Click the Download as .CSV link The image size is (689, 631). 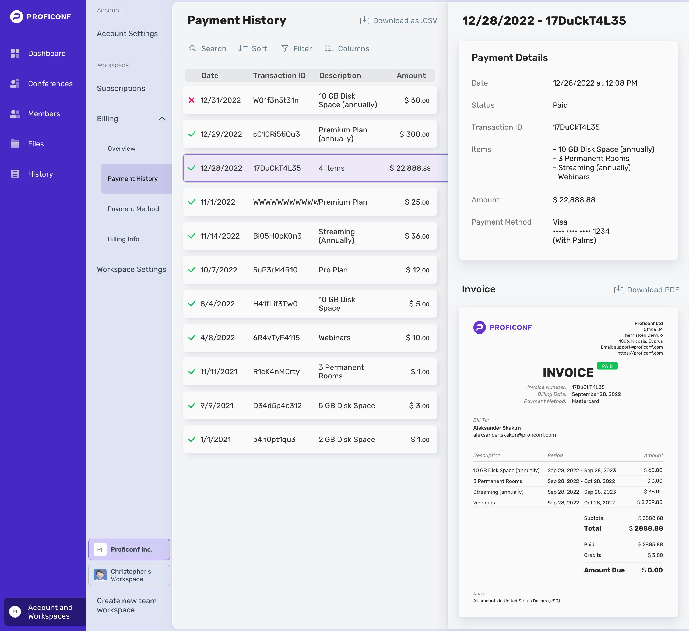point(399,20)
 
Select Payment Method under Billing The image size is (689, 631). point(133,209)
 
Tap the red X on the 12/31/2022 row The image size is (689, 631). point(192,100)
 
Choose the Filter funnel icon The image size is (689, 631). point(284,48)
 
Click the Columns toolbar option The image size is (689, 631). point(347,48)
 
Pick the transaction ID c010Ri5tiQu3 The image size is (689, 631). point(276,134)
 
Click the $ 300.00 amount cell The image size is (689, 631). point(414,134)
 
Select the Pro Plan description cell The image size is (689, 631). point(333,270)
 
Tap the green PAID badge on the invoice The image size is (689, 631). point(607,366)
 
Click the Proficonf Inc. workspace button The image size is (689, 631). point(129,550)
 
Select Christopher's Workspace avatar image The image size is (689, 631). point(100,575)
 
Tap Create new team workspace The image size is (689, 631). point(127,605)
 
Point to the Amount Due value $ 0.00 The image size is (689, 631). point(652,570)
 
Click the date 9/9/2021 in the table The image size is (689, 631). point(217,406)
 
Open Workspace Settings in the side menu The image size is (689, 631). point(132,269)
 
